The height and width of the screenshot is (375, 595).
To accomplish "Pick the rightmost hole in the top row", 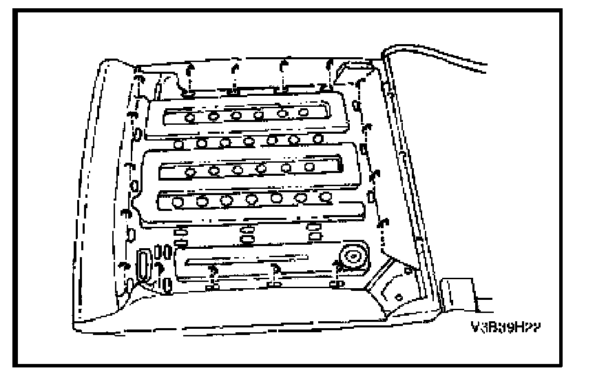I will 304,112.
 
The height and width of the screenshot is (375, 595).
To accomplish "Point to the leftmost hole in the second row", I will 179,143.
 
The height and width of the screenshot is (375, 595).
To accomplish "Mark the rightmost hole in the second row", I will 317,139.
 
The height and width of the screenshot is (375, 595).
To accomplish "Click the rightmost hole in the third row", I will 309,165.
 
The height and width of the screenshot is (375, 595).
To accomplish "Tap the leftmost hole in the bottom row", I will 179,202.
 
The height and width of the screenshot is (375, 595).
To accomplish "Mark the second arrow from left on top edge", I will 236,69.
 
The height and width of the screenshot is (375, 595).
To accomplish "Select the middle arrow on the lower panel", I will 274,269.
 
